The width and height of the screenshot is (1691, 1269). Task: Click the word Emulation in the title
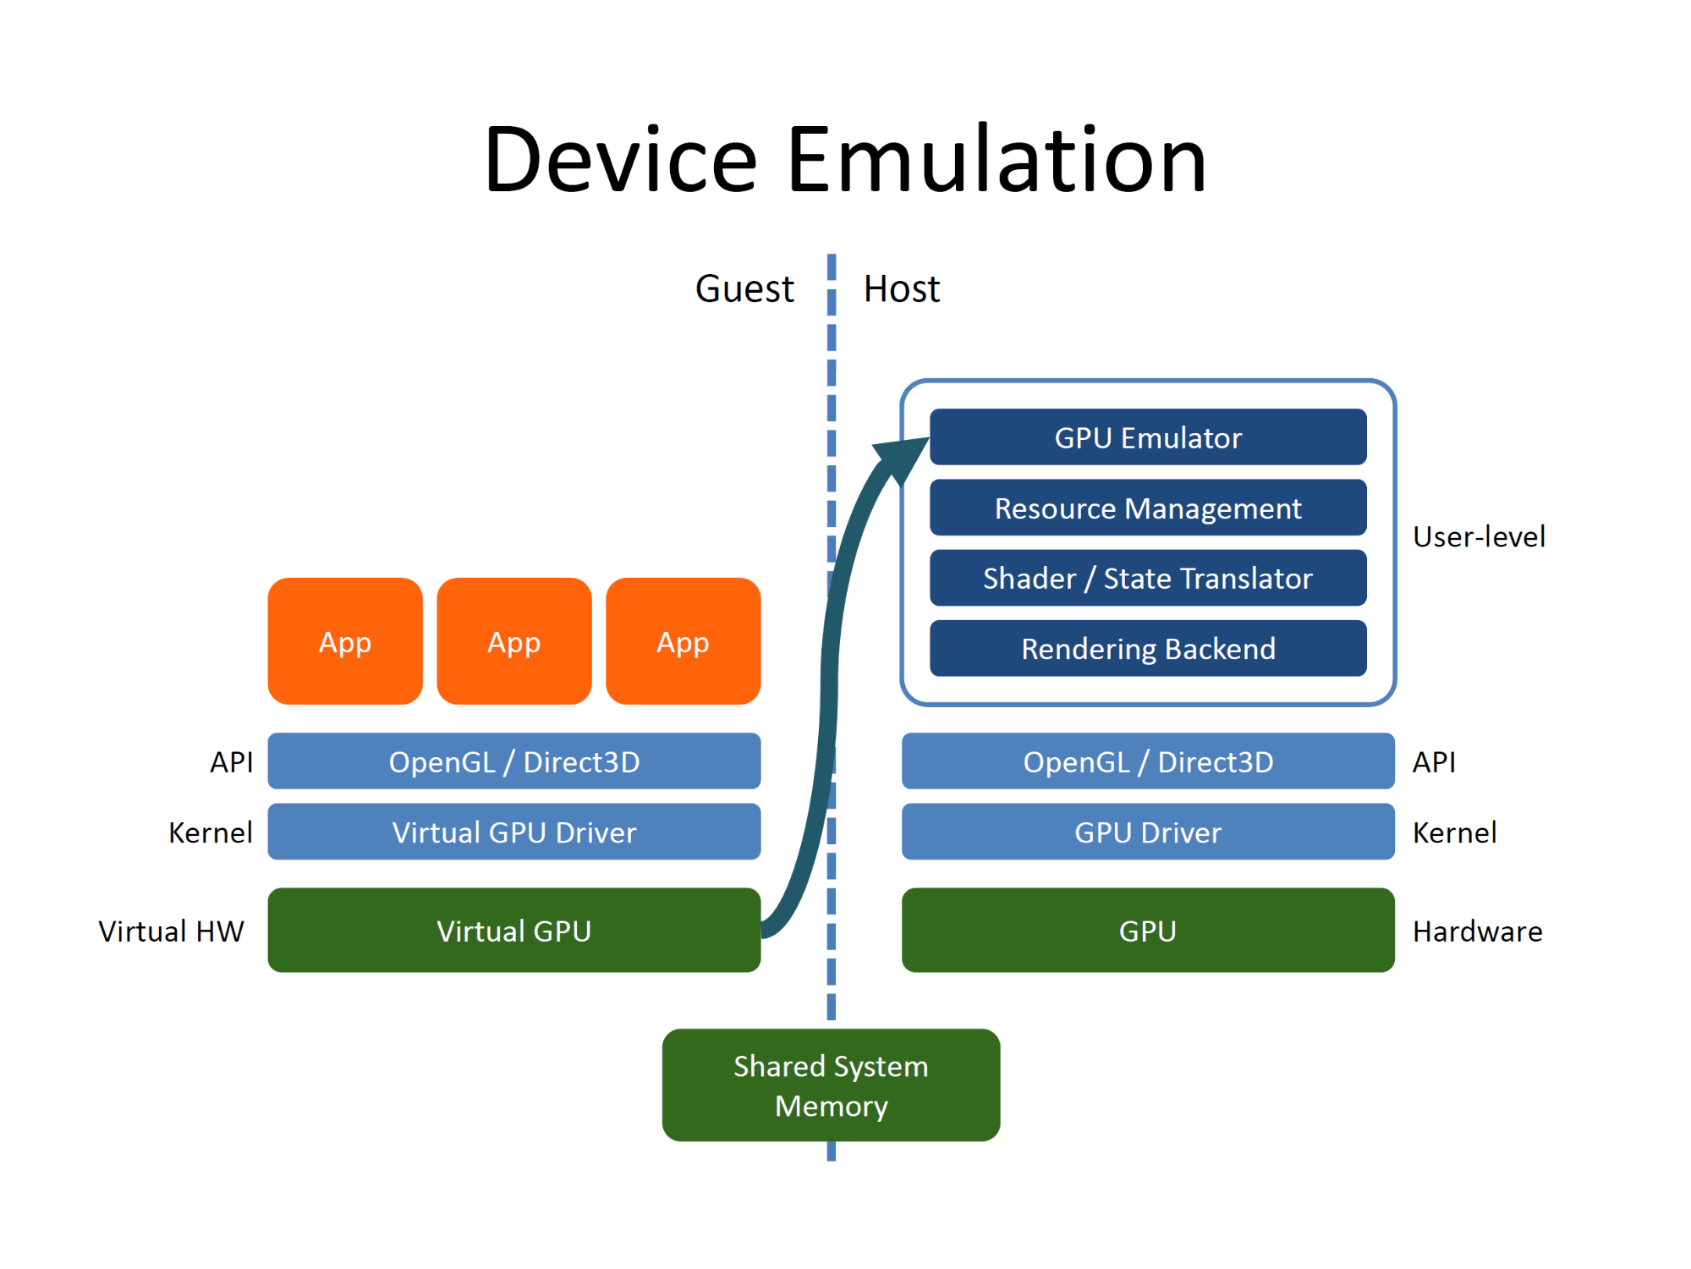996,159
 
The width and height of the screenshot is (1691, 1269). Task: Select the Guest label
744,288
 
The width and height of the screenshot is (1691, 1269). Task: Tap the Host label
901,288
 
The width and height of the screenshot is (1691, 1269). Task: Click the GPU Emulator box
1148,437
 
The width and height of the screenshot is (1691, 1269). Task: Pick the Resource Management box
1148,508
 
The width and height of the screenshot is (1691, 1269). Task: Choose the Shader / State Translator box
1148,578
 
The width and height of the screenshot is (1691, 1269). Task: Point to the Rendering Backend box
1148,648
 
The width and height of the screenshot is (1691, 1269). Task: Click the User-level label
1479,536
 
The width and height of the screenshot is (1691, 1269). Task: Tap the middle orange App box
514,641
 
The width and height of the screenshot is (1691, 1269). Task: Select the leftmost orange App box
345,641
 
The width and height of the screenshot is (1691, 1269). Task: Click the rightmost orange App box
684,641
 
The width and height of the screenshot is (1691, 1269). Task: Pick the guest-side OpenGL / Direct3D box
514,761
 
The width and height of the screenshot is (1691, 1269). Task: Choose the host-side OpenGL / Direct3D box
1148,761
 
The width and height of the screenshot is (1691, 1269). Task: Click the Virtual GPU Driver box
514,832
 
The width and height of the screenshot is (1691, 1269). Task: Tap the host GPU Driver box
1148,832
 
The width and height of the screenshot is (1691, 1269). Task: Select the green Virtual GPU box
514,930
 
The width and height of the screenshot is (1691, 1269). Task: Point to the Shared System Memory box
832,1085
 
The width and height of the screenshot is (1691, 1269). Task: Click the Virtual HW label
171,931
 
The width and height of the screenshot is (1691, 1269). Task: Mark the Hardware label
1478,931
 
